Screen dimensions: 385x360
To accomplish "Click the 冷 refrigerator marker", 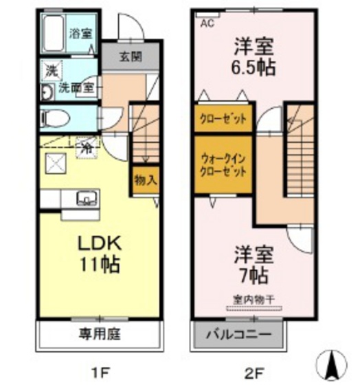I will pyautogui.click(x=87, y=146).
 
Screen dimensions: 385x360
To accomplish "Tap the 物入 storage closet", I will pyautogui.click(x=146, y=180).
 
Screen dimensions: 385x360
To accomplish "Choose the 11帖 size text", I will pyautogui.click(x=102, y=263).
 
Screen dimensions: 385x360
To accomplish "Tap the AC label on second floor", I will pyautogui.click(x=206, y=23).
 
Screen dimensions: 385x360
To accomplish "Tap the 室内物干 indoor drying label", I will pyautogui.click(x=255, y=299).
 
